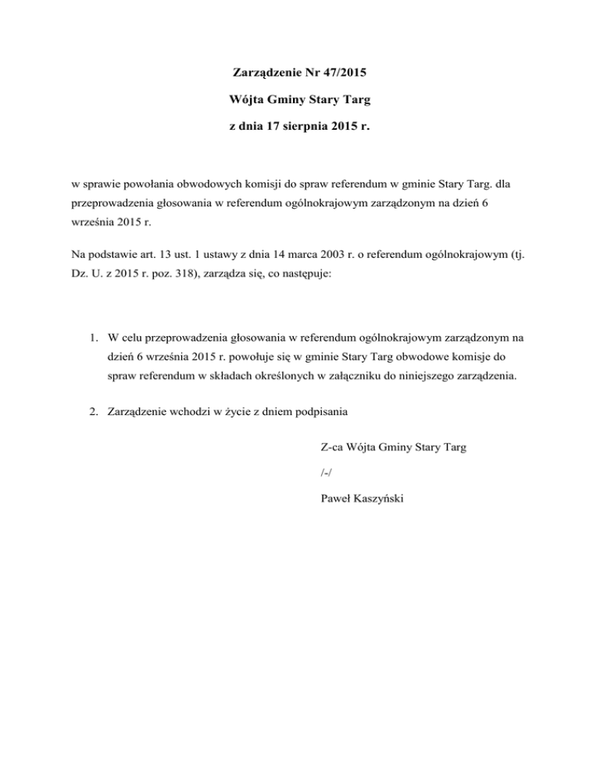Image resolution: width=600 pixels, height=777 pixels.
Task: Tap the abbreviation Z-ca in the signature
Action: [334, 448]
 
